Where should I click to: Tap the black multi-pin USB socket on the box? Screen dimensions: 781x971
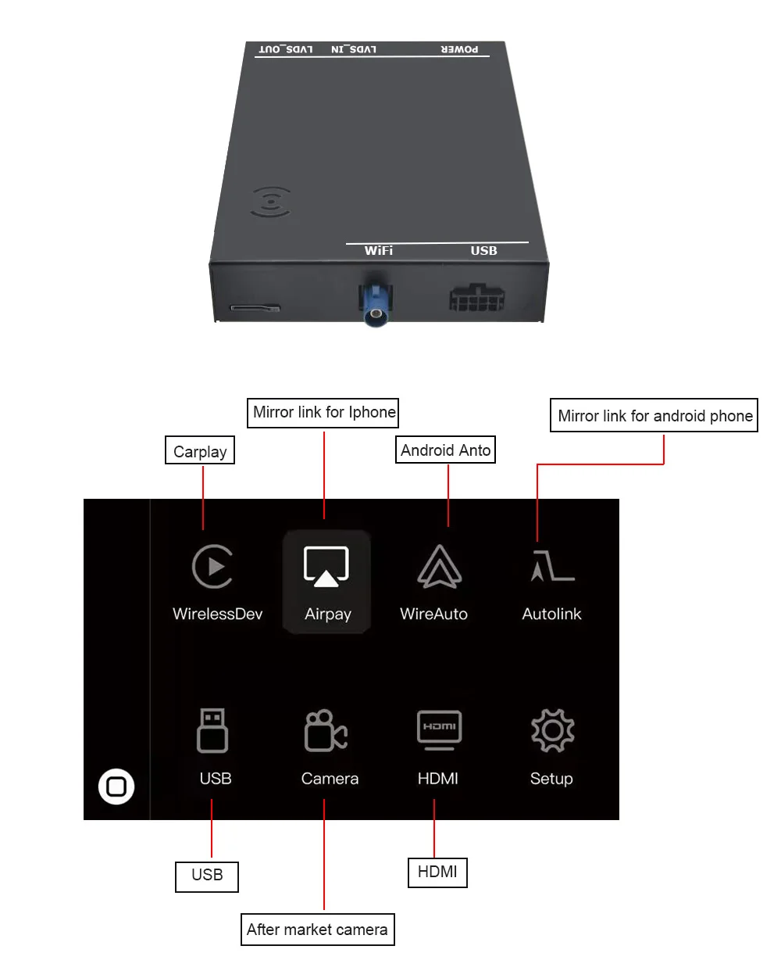click(x=476, y=298)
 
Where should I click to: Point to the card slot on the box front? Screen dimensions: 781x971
click(x=255, y=307)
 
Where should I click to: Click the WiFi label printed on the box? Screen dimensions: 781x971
click(x=379, y=250)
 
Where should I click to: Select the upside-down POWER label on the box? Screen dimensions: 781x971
click(x=459, y=49)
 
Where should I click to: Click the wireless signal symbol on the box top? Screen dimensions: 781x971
click(x=270, y=202)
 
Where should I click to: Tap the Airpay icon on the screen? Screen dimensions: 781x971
click(x=326, y=566)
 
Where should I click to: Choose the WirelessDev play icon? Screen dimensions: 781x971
click(x=212, y=566)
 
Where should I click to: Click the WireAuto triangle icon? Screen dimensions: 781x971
click(x=440, y=566)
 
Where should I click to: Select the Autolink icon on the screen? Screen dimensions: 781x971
click(x=552, y=565)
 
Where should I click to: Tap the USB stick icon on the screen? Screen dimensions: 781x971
click(x=212, y=730)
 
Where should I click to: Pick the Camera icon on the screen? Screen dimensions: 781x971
click(x=325, y=730)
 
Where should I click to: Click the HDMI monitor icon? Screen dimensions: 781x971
click(x=439, y=729)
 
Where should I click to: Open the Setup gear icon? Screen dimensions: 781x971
click(x=552, y=730)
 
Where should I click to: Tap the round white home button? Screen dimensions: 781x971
click(x=116, y=786)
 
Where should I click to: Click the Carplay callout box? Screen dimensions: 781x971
click(x=200, y=451)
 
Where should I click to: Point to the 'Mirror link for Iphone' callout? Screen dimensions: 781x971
click(x=323, y=412)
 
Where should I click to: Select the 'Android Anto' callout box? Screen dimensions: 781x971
click(x=445, y=450)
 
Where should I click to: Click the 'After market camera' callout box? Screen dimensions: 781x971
click(x=317, y=930)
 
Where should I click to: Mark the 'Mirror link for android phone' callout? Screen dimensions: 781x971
click(x=654, y=415)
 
